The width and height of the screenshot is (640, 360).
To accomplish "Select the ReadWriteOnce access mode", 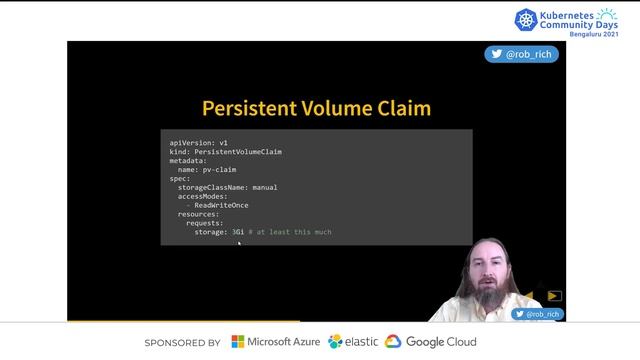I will click(221, 205).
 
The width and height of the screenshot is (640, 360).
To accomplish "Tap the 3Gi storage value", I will click(237, 232).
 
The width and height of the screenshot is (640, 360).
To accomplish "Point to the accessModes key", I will click(205, 196).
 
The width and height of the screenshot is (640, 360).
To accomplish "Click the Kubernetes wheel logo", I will click(526, 19).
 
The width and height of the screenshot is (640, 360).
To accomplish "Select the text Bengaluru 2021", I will click(593, 34).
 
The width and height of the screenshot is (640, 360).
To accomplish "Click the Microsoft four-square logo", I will click(238, 342).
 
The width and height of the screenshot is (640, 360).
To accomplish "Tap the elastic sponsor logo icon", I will click(335, 342).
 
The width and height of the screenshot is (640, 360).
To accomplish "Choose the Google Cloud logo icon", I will click(393, 342).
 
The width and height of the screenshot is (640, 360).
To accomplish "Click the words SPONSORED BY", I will click(182, 343).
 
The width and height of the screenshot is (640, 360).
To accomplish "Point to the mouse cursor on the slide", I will click(239, 243).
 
